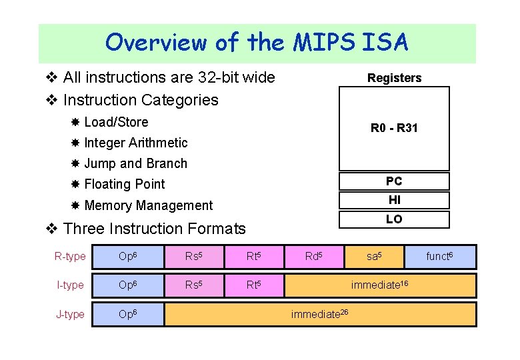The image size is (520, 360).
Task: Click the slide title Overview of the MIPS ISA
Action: (257, 43)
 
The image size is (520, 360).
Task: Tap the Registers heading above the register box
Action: (394, 78)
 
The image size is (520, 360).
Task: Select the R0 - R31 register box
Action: (394, 128)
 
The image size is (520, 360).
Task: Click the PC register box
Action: (394, 181)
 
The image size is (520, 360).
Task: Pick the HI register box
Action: (394, 200)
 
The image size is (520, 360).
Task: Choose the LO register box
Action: (394, 219)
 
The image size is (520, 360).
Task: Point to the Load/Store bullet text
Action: (116, 122)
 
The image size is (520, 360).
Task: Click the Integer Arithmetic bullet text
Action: (136, 143)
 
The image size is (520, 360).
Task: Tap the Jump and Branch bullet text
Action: (135, 163)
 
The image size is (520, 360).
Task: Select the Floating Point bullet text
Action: (125, 184)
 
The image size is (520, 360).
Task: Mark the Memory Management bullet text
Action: (149, 205)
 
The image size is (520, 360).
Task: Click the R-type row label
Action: (70, 257)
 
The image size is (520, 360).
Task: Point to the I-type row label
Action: (70, 285)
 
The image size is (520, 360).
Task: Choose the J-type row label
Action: (70, 314)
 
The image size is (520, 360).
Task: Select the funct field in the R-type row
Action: (439, 257)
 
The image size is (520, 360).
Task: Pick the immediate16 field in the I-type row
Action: (379, 285)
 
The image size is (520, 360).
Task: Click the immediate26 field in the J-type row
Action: (320, 314)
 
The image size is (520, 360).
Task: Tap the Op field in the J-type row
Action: (128, 314)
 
